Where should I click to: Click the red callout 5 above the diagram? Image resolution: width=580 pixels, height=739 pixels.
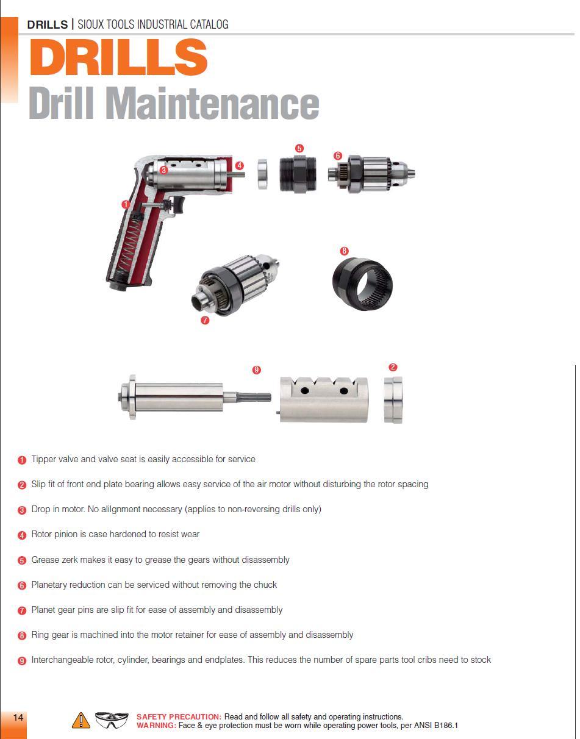299,148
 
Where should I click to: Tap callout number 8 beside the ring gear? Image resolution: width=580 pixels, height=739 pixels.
344,251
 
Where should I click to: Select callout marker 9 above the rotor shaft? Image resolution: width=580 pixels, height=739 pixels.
257,369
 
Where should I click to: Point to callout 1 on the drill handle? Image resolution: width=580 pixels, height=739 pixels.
126,204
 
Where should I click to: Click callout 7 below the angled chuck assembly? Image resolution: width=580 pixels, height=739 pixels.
205,320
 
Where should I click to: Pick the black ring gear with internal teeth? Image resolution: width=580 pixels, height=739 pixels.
362,284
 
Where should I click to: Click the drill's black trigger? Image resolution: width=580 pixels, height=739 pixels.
179,204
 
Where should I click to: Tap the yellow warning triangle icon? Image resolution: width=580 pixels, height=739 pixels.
81,720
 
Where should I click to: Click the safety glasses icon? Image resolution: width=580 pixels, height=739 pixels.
112,720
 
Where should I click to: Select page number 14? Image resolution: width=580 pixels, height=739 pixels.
18,718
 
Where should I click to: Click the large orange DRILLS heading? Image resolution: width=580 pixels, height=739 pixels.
119,57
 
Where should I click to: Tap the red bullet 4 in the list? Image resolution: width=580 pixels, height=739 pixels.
22,535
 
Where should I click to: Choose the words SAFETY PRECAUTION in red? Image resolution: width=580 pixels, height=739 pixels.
179,716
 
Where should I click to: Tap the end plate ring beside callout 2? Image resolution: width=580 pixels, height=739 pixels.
393,400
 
